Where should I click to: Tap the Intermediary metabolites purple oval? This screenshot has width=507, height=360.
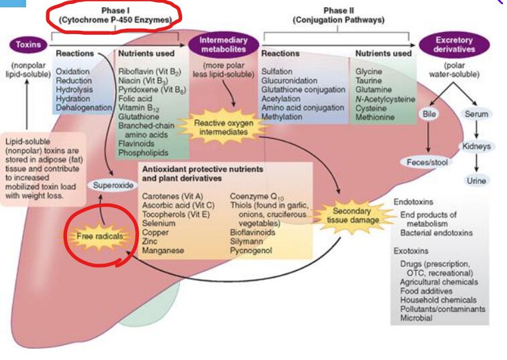click(224, 45)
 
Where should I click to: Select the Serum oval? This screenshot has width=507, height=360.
click(476, 114)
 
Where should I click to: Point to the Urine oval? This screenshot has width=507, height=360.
click(476, 181)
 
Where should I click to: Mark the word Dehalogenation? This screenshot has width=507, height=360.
click(84, 107)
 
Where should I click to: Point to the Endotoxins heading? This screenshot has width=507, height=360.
click(413, 201)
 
